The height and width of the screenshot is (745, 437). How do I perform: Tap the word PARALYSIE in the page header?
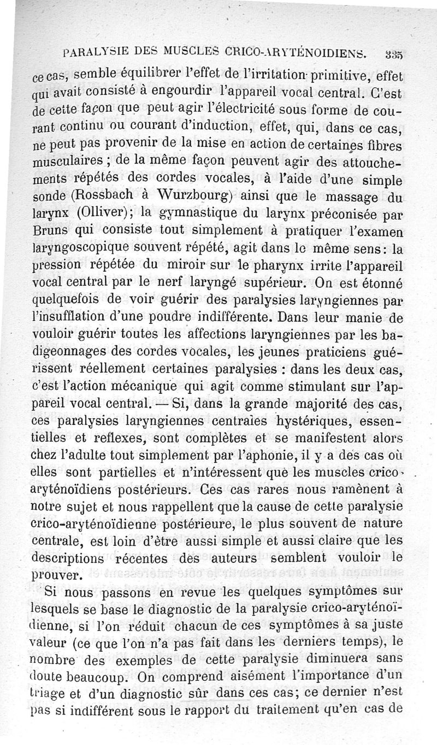pyautogui.click(x=97, y=53)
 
